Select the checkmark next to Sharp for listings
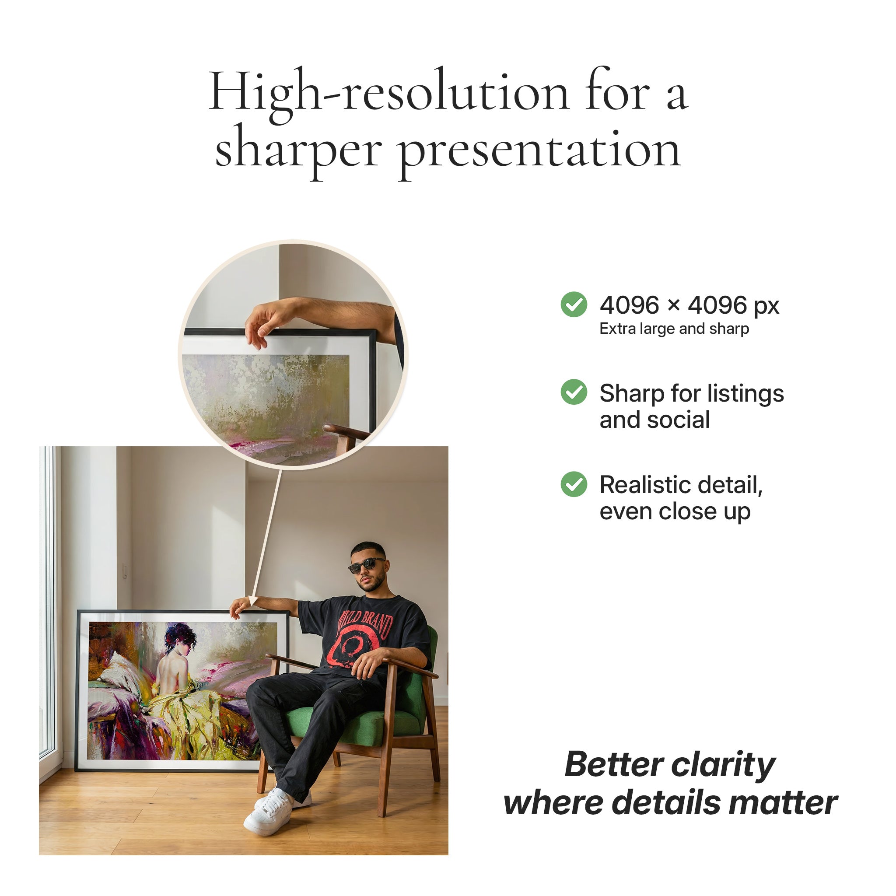(574, 392)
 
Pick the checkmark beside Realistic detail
(574, 484)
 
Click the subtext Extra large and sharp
(674, 329)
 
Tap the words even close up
(675, 511)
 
